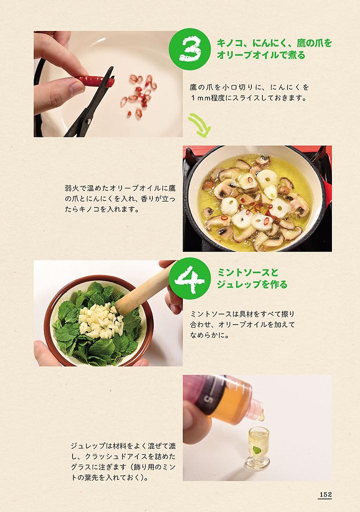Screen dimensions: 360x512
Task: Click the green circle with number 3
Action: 189,49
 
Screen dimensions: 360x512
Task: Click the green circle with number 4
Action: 189,278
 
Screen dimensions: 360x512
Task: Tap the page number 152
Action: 325,494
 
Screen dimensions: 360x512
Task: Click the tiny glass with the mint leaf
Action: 258,448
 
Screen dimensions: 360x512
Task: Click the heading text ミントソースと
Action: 247,272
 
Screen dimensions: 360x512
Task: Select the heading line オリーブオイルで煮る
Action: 261,54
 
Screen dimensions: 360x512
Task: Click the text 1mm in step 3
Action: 200,97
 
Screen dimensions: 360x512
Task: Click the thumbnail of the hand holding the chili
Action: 108,84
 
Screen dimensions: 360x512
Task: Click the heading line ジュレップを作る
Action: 252,284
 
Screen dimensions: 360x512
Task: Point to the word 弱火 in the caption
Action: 71,188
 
